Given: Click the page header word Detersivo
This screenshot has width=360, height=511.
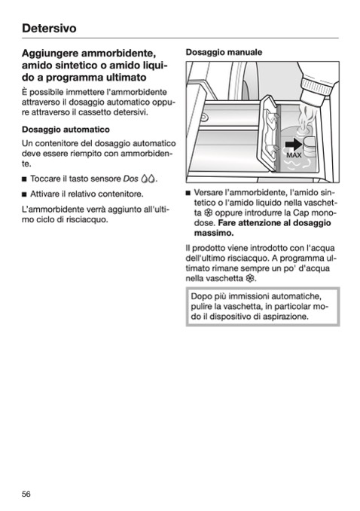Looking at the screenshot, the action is point(49,29).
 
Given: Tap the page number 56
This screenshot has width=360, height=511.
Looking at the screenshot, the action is point(26,494).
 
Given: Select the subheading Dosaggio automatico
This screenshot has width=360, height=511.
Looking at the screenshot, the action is point(66,130).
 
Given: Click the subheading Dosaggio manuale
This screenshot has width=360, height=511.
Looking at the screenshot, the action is point(224,52).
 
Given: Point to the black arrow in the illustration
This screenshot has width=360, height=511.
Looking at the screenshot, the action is point(294,145).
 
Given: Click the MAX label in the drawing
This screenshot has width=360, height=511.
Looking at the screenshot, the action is point(294,155).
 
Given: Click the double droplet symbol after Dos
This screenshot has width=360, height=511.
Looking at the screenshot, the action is point(148,179).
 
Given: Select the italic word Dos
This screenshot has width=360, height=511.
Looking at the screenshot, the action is point(130,179).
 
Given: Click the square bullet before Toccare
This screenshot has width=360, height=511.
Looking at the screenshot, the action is point(24,179).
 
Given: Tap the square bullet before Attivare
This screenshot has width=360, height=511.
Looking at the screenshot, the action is point(24,194).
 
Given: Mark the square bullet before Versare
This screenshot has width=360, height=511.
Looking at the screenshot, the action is point(188,193).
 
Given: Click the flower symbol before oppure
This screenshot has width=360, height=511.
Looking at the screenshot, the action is point(209,213).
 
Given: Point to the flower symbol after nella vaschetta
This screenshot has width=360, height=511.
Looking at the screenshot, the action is point(250,279).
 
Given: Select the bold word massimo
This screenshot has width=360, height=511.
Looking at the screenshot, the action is point(214,234).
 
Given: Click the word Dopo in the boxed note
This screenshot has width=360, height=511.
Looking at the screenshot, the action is point(201,297).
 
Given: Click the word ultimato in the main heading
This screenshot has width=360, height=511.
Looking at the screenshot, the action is point(126,78).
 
